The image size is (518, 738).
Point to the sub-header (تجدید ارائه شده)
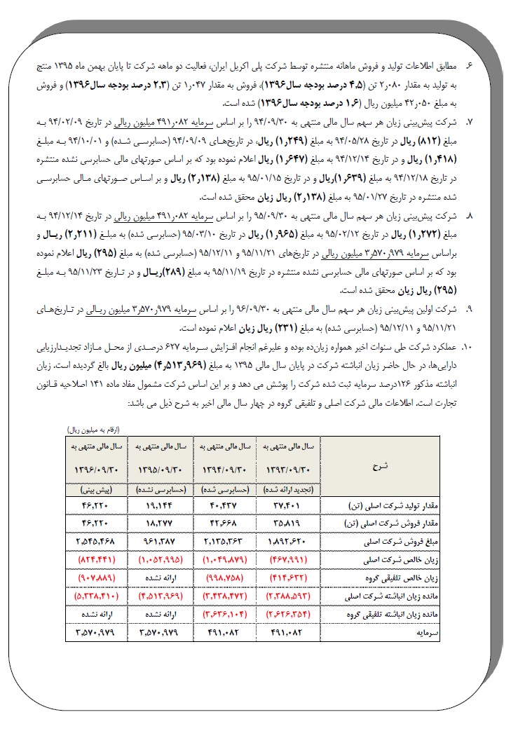click(x=289, y=489)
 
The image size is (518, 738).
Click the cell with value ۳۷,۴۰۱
click(x=289, y=505)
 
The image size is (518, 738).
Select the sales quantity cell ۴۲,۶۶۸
click(x=224, y=523)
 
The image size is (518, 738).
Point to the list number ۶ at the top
click(x=470, y=64)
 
